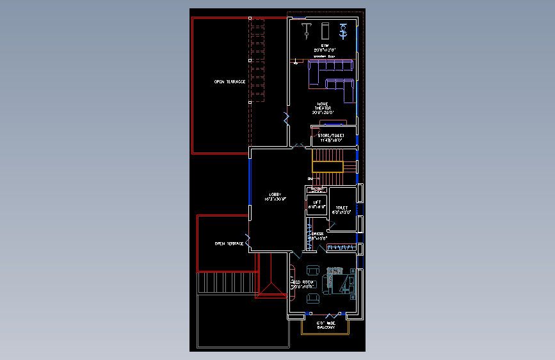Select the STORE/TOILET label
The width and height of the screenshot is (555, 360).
point(331,137)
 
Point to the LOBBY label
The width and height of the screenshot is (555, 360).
point(275,196)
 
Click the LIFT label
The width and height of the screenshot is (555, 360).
point(317,204)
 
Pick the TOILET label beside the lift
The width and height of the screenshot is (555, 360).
point(341,209)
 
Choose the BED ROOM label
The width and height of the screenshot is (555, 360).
point(303,284)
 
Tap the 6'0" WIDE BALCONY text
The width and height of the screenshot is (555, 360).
point(326,325)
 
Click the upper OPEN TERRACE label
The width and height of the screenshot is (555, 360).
point(230,82)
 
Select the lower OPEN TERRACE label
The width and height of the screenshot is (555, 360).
point(229,243)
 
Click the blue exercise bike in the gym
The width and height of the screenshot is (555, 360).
point(343,29)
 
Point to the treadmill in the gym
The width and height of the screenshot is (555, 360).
point(324,29)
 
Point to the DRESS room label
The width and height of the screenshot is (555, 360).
point(316,235)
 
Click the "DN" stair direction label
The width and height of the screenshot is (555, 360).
point(310,178)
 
